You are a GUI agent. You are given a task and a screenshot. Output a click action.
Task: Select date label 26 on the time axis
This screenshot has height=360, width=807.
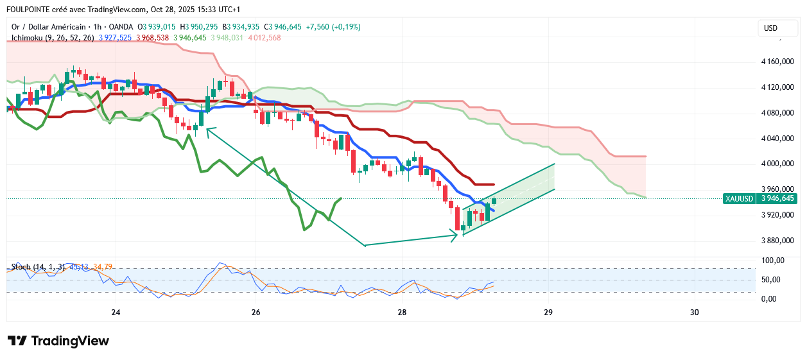(256, 313)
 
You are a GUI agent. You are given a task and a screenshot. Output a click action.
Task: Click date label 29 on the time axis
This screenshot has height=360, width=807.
(548, 313)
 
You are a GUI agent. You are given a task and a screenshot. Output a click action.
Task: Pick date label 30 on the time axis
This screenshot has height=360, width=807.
(694, 313)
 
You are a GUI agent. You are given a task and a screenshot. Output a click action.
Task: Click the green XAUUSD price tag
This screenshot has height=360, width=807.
(738, 198)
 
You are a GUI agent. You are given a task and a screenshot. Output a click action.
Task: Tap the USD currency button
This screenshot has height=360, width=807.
(770, 28)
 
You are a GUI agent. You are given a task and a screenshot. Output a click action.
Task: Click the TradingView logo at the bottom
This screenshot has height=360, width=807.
(58, 341)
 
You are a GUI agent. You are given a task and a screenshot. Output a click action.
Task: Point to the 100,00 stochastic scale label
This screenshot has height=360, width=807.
(772, 261)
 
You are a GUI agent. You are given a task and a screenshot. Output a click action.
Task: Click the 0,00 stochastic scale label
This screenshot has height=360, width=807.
(770, 298)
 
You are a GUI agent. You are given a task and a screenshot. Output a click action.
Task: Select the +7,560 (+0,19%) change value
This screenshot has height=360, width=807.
(334, 27)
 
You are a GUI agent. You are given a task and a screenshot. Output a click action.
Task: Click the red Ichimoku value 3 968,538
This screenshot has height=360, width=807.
(153, 38)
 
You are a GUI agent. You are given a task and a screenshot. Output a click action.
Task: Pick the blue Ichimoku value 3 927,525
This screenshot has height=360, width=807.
(116, 38)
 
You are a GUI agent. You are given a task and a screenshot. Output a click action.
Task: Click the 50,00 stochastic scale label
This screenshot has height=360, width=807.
(771, 280)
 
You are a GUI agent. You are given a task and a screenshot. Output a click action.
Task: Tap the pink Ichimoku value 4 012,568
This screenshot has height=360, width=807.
(265, 38)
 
